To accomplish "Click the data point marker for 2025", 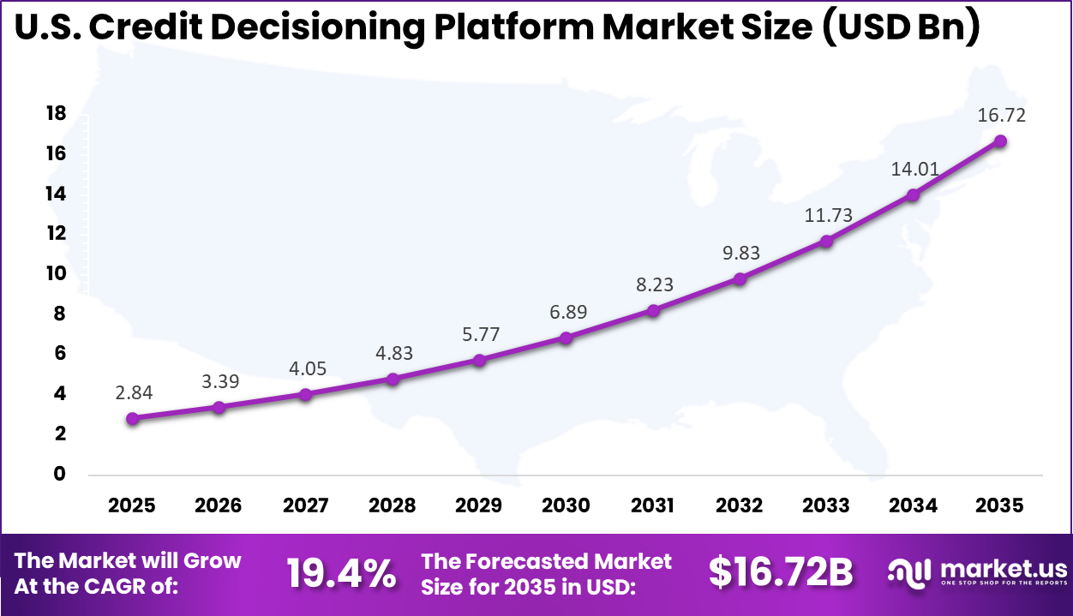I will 132,418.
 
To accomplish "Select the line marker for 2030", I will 566,338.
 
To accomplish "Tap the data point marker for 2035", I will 999,141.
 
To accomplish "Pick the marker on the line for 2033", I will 826,241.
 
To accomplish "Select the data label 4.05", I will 306,368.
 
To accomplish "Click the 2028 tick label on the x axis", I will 392,505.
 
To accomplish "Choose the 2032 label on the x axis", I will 739,505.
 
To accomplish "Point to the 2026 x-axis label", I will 219,505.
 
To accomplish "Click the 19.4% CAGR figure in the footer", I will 341,573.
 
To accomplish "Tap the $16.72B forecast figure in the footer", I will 781,573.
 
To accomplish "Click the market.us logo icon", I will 909,572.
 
